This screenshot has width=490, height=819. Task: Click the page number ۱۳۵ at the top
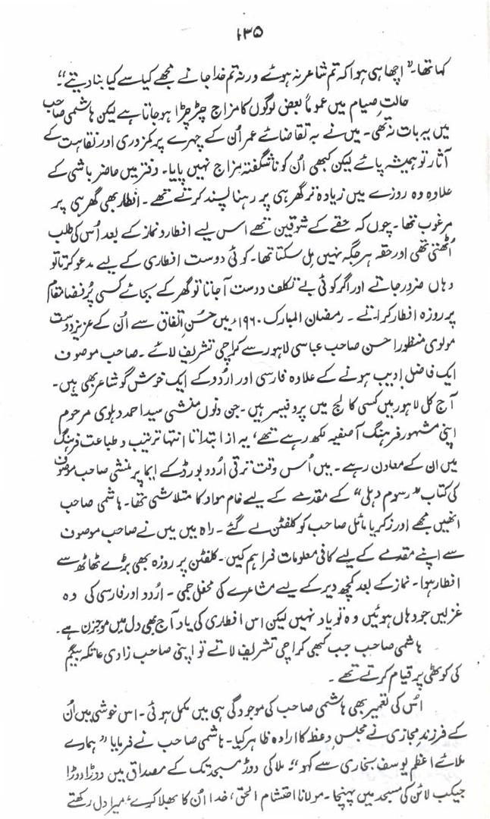245,31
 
